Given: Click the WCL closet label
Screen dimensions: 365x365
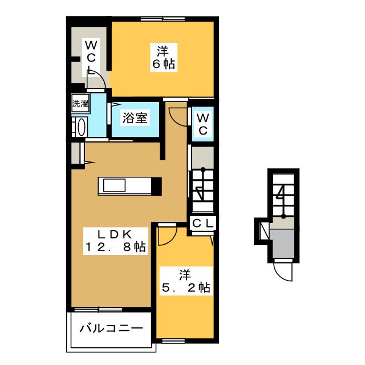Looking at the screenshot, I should coord(91,55).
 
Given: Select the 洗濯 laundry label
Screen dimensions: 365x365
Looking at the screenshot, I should coord(80,104).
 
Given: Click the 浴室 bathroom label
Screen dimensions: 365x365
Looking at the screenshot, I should coord(136,119).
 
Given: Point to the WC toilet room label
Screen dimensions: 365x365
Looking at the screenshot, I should coord(202,123).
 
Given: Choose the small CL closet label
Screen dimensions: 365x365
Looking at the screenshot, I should coord(202,223).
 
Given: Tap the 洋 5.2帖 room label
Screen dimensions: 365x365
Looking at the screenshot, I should coord(185,281).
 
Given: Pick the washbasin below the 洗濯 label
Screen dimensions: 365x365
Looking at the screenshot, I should coord(79,127).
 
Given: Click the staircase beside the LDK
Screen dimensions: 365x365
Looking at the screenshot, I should coord(202,185).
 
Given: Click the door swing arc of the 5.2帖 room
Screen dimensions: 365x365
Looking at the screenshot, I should coord(167,234).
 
